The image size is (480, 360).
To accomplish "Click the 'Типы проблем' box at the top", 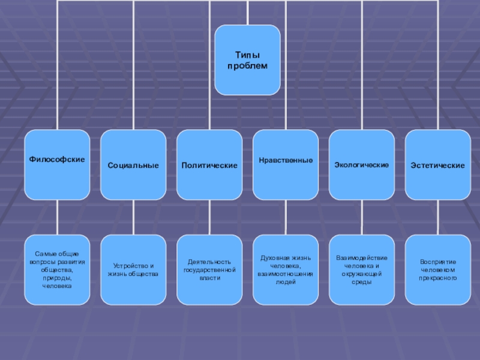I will pos(247,60).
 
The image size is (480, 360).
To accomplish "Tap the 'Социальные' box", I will pos(133,164).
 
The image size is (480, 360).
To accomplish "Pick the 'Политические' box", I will pos(209,164).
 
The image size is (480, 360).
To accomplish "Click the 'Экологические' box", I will pos(362,164).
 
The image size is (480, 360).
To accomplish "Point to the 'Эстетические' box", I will pos(438,164).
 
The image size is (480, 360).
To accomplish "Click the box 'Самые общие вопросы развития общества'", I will pos(57,270).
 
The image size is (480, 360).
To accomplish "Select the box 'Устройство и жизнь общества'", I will pos(133,270).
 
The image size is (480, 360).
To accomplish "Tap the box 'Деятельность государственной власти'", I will pos(209,270).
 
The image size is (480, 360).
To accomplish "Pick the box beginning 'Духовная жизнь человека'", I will pos(286,270).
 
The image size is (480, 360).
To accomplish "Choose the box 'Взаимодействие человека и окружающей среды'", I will pos(362,270).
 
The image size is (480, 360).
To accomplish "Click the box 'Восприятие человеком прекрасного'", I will pos(438,270).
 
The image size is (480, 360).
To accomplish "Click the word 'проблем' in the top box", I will pos(247,65).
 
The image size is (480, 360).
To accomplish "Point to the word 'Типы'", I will pos(247,55).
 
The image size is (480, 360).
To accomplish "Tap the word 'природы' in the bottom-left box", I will pos(57,278).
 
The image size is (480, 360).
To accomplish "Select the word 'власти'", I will pos(209,278).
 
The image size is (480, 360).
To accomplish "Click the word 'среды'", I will pos(362,282).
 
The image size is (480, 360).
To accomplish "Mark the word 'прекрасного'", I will pos(438,278).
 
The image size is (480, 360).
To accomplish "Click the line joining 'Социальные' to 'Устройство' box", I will pos(133,217).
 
